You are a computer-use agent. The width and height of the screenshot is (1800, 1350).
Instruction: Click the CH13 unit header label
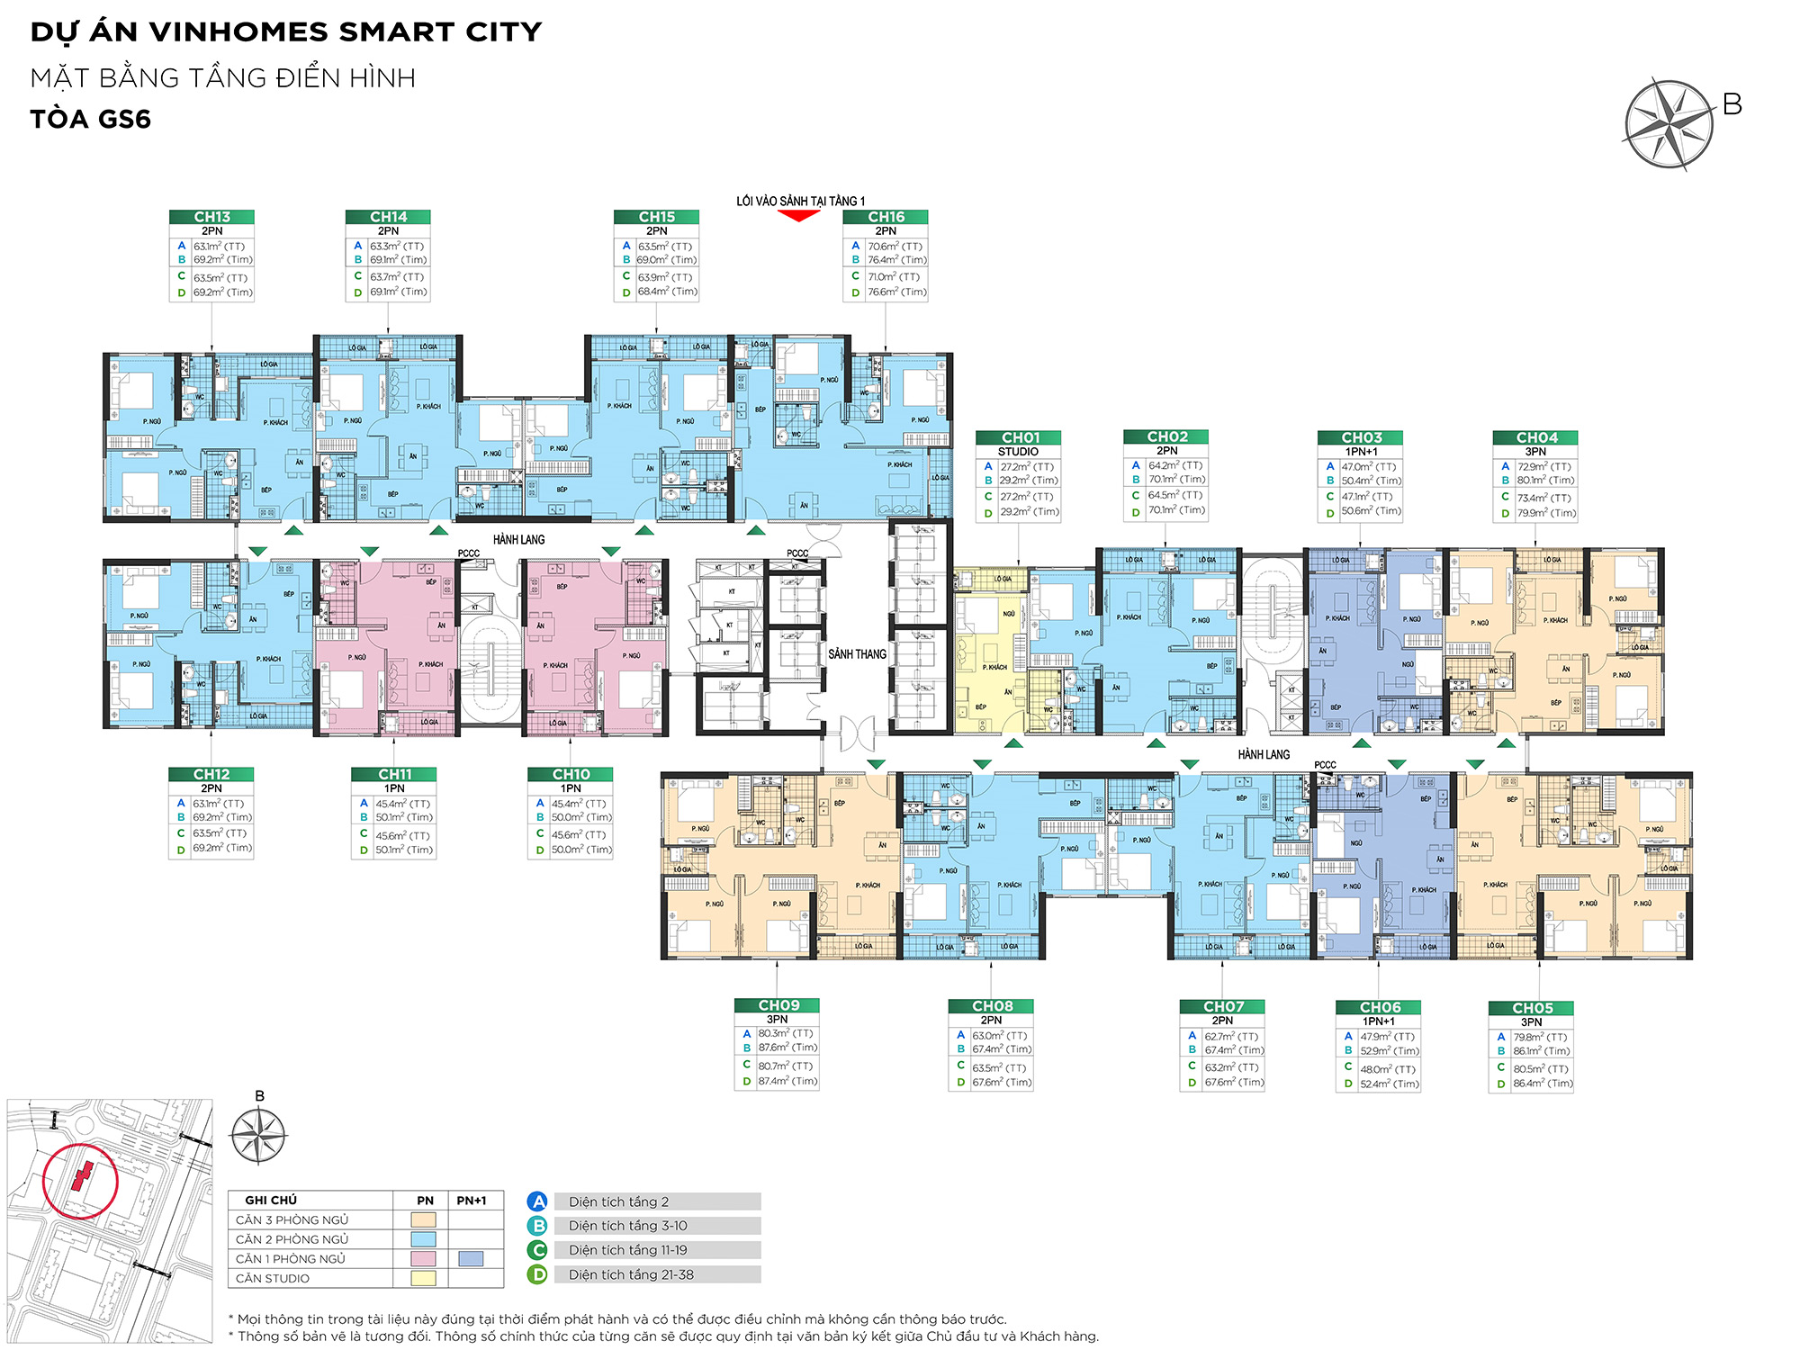[x=211, y=217]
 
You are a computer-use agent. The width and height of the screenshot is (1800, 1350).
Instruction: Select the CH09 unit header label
[x=778, y=1005]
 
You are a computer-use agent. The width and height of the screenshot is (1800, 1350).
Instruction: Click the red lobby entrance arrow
[x=798, y=215]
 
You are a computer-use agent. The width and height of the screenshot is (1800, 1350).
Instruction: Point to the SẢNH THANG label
[x=857, y=654]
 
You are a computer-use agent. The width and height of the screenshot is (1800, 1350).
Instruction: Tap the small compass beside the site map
[x=258, y=1136]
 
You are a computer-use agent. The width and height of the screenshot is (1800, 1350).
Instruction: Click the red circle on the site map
[x=80, y=1180]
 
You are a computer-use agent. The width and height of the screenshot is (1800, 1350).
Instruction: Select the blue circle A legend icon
[x=537, y=1201]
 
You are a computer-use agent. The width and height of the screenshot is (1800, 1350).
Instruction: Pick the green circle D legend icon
[x=537, y=1274]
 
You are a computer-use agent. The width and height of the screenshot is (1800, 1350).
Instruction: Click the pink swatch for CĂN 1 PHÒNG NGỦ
[x=423, y=1259]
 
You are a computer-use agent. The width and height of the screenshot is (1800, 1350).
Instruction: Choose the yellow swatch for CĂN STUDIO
[x=423, y=1278]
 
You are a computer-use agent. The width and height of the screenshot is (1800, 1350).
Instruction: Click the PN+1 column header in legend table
[x=471, y=1201]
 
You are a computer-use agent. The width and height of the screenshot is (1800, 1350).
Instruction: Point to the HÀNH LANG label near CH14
[x=518, y=539]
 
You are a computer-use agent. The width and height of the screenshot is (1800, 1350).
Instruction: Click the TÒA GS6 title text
[x=90, y=119]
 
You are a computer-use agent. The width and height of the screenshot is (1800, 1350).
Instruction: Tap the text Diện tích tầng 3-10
[x=627, y=1226]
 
